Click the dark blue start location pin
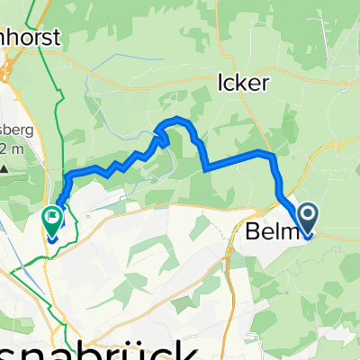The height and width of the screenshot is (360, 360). (x=308, y=219)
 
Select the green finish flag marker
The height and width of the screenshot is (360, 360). (x=51, y=220)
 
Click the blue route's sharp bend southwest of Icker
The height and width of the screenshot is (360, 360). (x=206, y=167)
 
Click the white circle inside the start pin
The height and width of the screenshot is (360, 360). (x=308, y=214)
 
